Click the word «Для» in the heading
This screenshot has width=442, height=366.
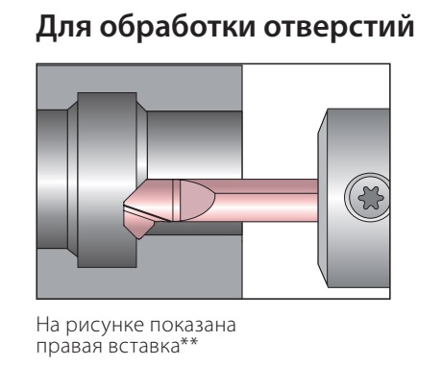[x=63, y=27]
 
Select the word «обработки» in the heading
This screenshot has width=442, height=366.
[x=178, y=26]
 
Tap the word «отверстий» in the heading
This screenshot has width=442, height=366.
[x=339, y=26]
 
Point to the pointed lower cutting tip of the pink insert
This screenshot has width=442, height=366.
[x=139, y=237]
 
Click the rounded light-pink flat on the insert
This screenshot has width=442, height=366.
[x=196, y=200]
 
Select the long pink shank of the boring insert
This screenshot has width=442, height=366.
[x=266, y=200]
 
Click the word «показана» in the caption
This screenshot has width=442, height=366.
[x=192, y=326]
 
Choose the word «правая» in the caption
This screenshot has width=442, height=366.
[x=68, y=347]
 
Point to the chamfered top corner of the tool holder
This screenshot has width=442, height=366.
[x=323, y=122]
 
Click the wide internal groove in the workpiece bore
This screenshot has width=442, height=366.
[x=108, y=180]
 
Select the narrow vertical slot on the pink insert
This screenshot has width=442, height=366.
[x=176, y=200]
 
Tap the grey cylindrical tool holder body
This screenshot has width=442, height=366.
[x=354, y=198]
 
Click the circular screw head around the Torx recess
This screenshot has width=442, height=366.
[x=367, y=198]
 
